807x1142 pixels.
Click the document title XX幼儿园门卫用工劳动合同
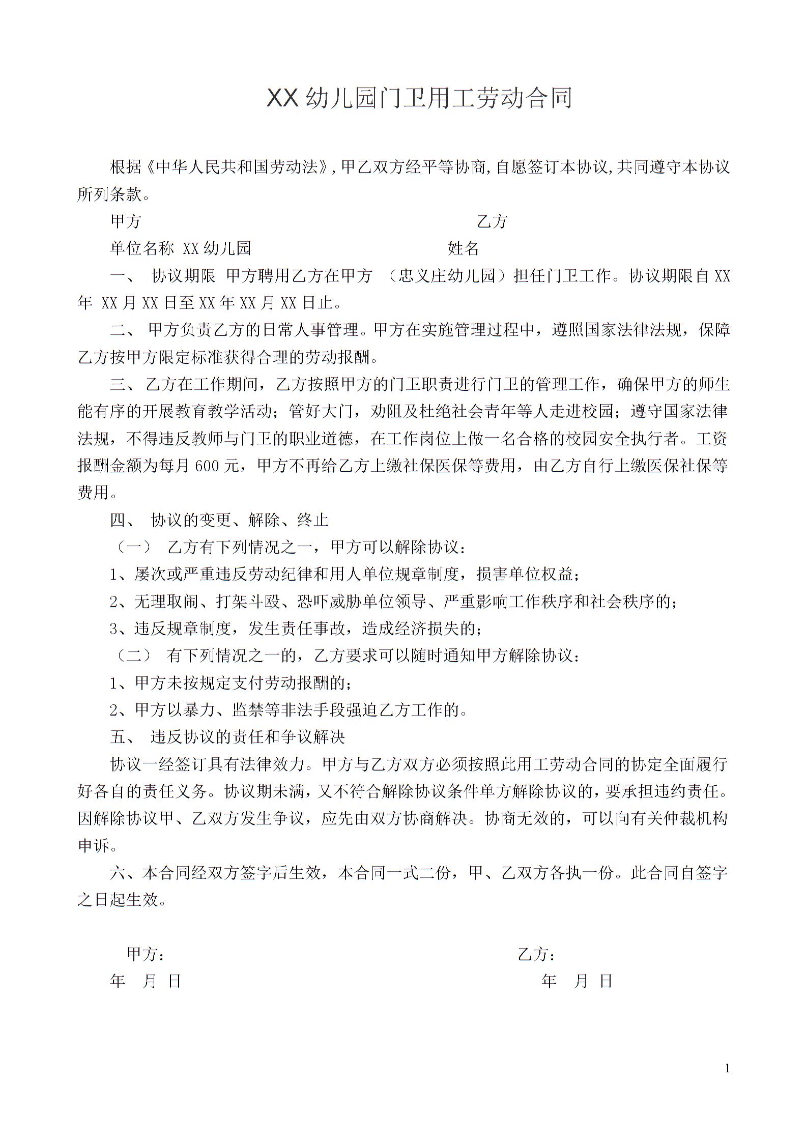[x=419, y=98]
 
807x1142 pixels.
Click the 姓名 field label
[x=463, y=248]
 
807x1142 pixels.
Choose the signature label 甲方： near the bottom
[x=145, y=954]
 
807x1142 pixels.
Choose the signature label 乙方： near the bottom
[x=536, y=954]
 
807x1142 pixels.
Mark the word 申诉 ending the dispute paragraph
[x=94, y=846]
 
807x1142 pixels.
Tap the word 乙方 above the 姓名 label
[x=492, y=221]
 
